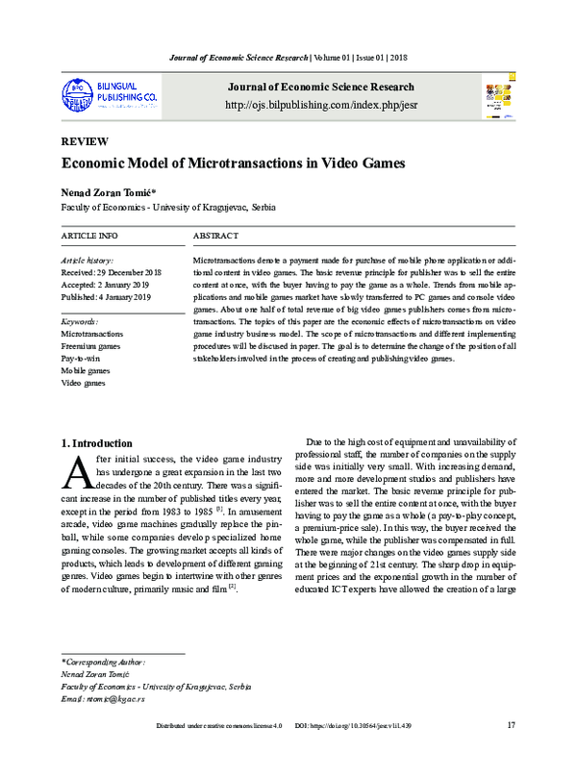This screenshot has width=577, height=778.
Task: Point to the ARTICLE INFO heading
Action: [x=89, y=236]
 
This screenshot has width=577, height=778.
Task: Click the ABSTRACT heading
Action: [x=216, y=236]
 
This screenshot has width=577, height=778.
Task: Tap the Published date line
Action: [x=108, y=298]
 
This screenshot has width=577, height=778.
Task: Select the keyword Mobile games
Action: [x=86, y=370]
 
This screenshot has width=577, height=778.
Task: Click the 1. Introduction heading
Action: [x=96, y=443]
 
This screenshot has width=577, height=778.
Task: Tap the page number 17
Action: [x=511, y=751]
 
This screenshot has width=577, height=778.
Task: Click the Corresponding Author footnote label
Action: [x=103, y=663]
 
